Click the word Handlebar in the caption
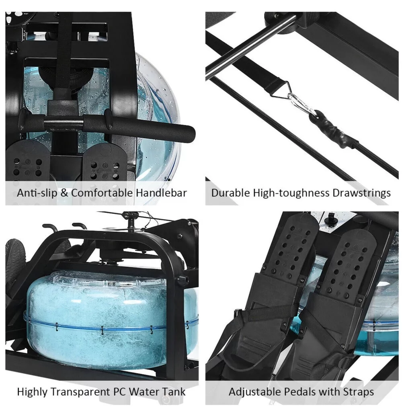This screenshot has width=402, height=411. [x=162, y=193]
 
